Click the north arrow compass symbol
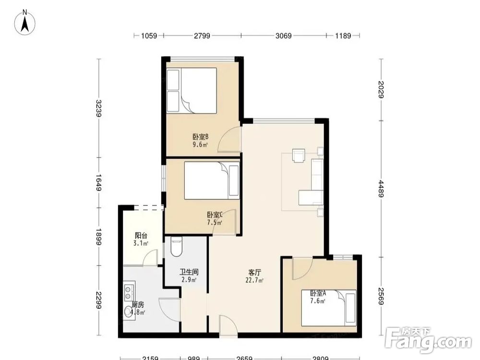(25, 22)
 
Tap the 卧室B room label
(201, 136)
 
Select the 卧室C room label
(215, 215)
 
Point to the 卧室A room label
(318, 293)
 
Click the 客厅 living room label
(254, 273)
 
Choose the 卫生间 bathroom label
(189, 272)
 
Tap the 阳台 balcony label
(141, 236)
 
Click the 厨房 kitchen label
(138, 305)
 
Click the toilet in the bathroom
(176, 247)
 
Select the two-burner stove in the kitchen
(129, 292)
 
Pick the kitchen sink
(129, 312)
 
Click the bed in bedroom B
(192, 91)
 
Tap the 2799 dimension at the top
(202, 36)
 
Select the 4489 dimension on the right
(381, 189)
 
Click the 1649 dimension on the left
(99, 183)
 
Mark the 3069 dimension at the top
(284, 36)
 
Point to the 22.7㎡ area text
(255, 280)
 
